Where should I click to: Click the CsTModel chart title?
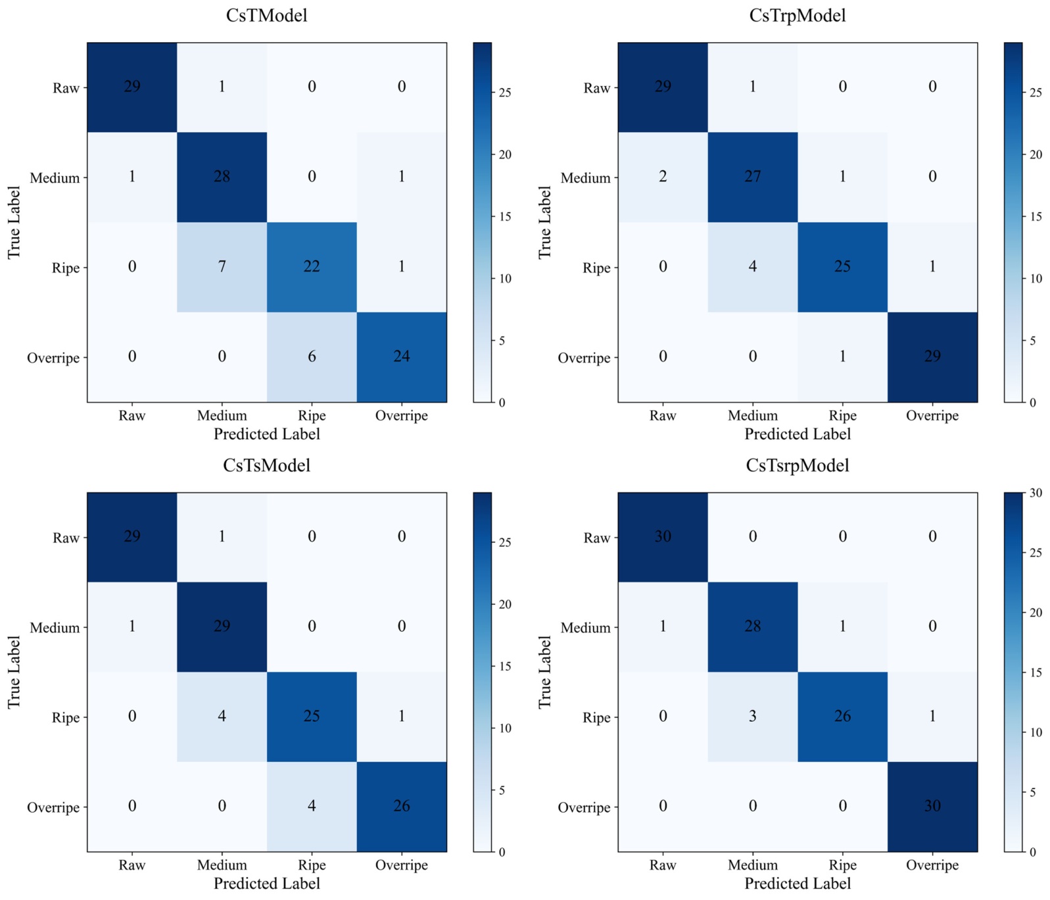pos(266,15)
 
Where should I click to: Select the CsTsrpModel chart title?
pos(797,465)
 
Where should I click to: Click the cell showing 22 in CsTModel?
pos(312,267)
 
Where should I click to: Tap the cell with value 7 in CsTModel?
pos(222,267)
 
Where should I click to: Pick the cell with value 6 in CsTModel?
pos(312,356)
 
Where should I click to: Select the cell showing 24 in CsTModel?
pos(402,356)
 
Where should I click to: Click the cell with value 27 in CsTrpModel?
pos(753,177)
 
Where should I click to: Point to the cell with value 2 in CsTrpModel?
pos(663,177)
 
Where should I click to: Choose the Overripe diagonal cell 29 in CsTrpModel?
pos(932,356)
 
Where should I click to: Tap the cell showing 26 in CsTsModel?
pos(402,806)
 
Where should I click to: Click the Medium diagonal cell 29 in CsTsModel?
pos(222,627)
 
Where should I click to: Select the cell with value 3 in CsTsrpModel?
pos(753,717)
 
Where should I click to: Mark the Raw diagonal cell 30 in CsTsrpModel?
pos(663,536)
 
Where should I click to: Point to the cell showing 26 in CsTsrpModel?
pos(842,717)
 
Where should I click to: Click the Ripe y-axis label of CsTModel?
pos(66,268)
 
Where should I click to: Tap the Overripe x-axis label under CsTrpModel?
pos(932,415)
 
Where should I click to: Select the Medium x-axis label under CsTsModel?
pos(222,865)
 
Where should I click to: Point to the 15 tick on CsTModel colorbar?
pos(505,216)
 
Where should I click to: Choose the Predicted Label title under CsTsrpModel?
pos(797,884)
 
